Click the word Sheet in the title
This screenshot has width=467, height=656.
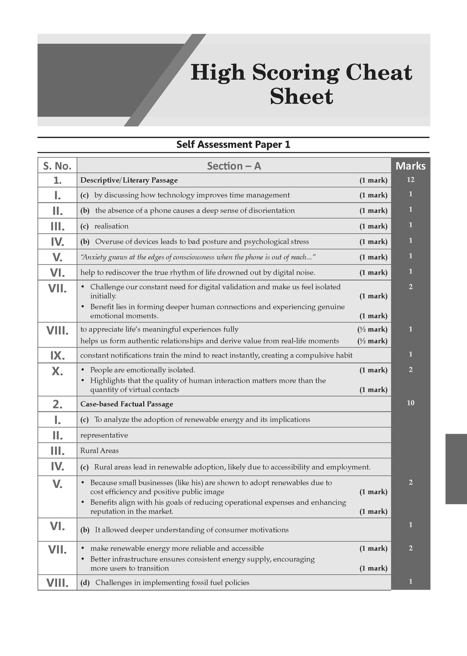301,96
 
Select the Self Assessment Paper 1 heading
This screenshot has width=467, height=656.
233,144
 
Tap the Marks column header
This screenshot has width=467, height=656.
410,166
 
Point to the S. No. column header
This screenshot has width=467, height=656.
57,166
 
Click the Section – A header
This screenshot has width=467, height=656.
234,166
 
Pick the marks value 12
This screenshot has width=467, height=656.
410,179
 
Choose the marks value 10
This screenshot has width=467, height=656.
410,403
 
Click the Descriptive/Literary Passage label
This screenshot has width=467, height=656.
129,180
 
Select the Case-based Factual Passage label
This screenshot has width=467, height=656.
127,404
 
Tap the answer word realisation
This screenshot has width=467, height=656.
111,226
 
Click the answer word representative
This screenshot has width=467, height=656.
104,435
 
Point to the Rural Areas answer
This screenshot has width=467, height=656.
99,451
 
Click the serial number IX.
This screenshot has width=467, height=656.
57,355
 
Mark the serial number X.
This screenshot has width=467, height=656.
57,371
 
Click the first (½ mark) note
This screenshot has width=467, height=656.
372,329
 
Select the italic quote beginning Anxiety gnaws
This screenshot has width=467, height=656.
198,257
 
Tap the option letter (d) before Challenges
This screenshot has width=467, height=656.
85,583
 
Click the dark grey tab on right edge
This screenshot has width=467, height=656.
456,469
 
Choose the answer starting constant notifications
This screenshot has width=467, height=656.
216,355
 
